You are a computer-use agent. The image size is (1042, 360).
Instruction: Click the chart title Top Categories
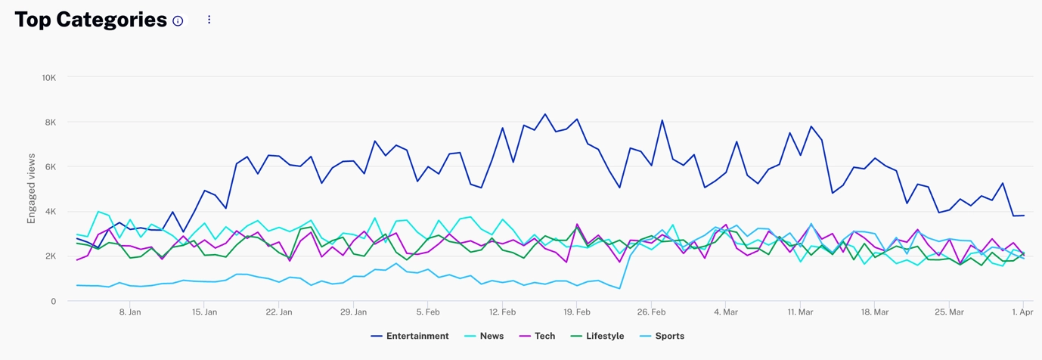(91, 20)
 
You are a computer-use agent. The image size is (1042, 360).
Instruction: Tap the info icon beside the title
(178, 21)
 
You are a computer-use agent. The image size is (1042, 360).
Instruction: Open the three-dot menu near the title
(209, 20)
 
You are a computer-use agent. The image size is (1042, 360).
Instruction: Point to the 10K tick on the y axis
(48, 77)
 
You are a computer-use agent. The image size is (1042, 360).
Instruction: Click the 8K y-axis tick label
(50, 122)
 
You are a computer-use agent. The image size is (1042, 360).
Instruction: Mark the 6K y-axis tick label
(50, 166)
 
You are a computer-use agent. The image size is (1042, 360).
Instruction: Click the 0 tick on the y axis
(53, 301)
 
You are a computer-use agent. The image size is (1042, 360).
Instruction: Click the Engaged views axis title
(31, 188)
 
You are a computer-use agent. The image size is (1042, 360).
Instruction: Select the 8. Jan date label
(130, 312)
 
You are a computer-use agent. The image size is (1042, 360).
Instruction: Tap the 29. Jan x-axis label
(353, 312)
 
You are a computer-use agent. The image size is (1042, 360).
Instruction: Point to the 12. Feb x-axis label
(502, 312)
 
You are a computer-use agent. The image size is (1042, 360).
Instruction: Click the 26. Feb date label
(651, 312)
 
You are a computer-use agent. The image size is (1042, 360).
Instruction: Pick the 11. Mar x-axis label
(800, 312)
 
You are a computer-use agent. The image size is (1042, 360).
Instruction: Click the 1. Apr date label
(1022, 312)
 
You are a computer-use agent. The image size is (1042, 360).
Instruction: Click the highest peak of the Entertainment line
(544, 114)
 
